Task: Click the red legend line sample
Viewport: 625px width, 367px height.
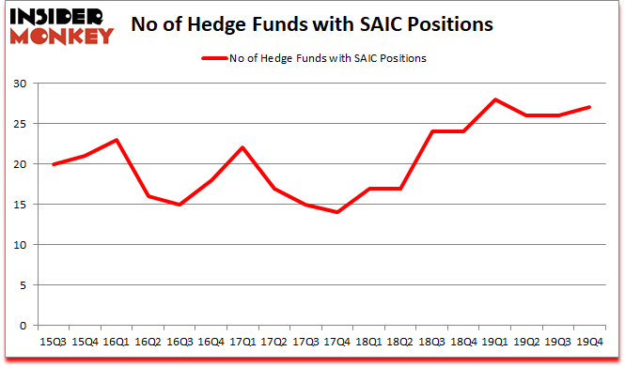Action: point(214,58)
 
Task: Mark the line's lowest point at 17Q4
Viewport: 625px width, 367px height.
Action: point(336,212)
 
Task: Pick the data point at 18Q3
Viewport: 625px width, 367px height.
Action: point(431,131)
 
